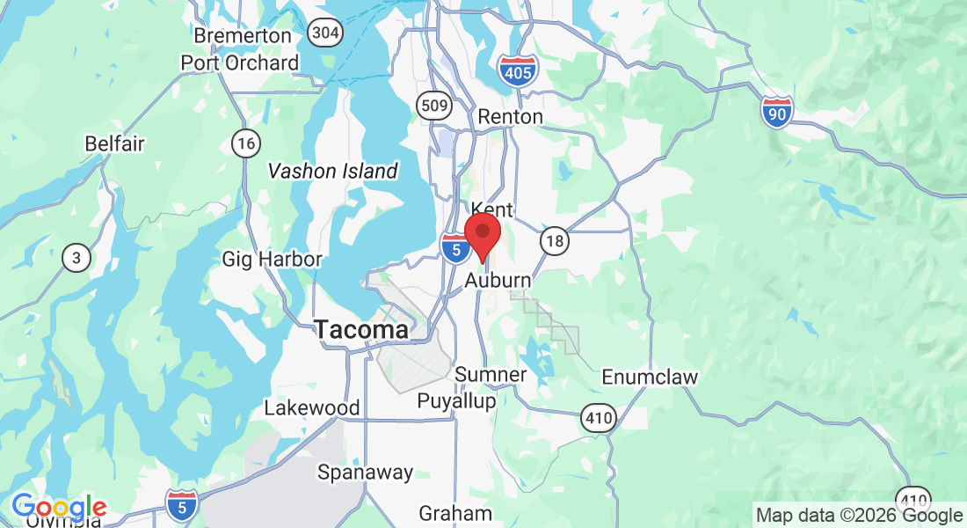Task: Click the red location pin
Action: (483, 234)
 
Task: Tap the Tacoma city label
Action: (361, 330)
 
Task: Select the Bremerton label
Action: (243, 36)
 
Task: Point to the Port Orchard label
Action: (240, 63)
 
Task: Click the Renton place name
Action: (510, 116)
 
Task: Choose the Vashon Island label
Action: (333, 171)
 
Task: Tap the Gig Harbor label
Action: (272, 259)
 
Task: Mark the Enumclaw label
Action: (650, 378)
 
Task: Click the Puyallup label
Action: (456, 400)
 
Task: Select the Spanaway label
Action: (365, 473)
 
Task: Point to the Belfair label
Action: (114, 143)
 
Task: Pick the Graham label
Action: (455, 513)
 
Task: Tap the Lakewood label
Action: (312, 408)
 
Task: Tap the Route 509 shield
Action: (434, 106)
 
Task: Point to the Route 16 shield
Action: (245, 143)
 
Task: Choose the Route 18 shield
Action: (555, 241)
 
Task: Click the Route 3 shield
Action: (77, 258)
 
